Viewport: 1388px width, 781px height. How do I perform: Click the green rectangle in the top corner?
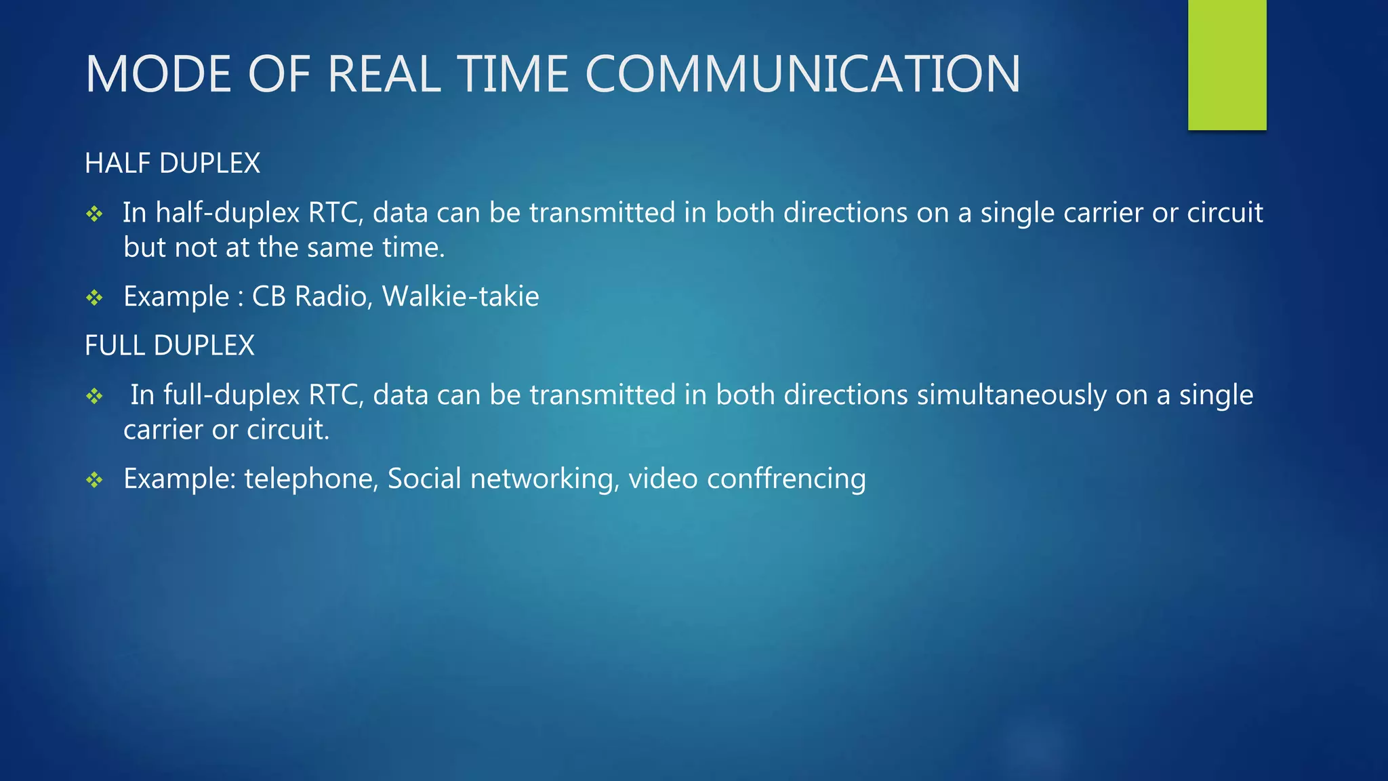pos(1227,64)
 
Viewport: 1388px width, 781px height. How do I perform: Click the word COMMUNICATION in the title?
pos(802,74)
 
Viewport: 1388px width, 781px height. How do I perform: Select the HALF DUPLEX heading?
pos(172,163)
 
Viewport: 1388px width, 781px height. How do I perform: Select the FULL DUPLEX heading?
pos(169,346)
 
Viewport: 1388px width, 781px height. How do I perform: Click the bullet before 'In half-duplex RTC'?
pos(94,214)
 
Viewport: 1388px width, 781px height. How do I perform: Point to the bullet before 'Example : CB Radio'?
pos(94,298)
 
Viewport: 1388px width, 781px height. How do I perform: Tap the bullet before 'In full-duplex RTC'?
pos(94,396)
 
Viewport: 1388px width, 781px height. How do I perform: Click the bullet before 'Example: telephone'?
pos(94,480)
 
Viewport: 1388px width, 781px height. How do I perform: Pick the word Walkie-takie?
pos(460,296)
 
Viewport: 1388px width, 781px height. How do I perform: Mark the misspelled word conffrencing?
pos(786,479)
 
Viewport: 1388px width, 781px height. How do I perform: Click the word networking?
pos(544,479)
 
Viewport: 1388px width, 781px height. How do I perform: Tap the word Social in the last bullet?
pos(424,479)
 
